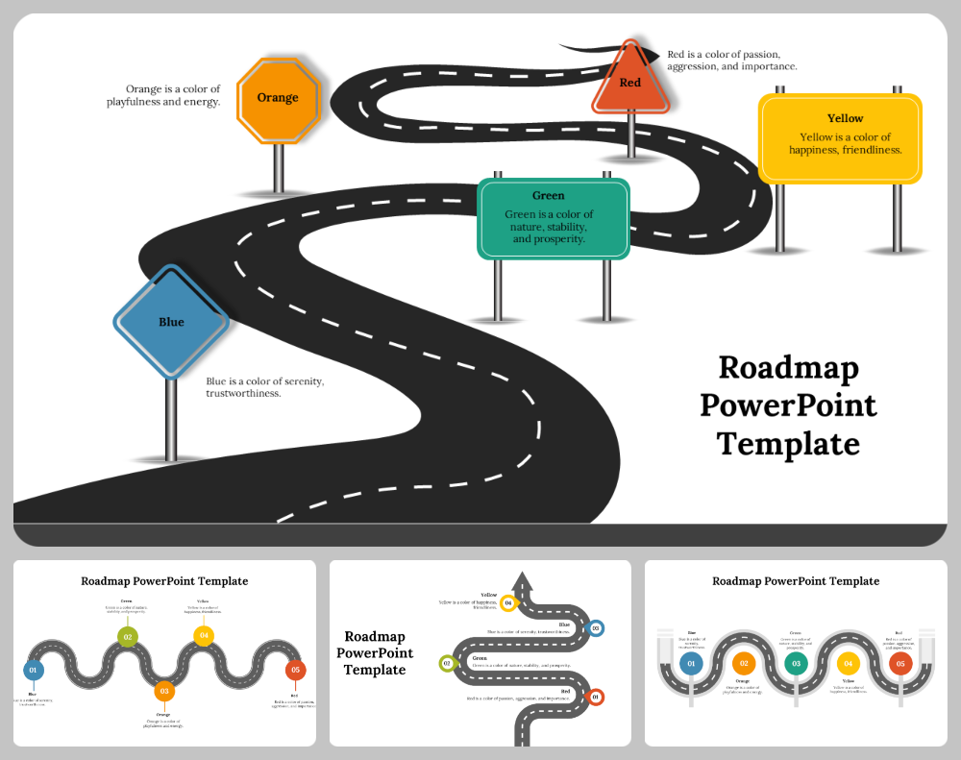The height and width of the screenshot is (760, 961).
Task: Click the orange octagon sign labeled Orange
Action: tap(278, 99)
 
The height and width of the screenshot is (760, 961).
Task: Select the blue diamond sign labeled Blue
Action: tap(171, 322)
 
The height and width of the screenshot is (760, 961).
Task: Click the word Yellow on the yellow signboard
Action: tap(845, 118)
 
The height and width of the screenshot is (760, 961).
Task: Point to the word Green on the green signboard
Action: tap(549, 195)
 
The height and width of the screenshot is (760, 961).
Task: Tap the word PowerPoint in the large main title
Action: tap(788, 405)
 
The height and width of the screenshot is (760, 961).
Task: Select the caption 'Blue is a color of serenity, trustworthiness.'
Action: tap(264, 387)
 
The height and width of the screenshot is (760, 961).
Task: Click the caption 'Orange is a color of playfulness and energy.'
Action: tap(163, 95)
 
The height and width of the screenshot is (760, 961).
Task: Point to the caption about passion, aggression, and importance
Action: tap(731, 61)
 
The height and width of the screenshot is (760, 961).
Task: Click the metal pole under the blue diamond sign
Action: tap(171, 418)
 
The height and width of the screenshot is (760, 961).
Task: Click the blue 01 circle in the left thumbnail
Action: tap(33, 670)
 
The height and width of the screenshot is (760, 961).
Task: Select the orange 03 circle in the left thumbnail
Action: tap(164, 691)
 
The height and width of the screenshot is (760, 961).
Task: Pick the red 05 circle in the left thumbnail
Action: tap(295, 670)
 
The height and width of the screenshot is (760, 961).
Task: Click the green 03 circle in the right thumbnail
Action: tap(795, 663)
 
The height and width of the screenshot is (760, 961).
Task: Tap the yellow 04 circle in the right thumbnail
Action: tap(848, 663)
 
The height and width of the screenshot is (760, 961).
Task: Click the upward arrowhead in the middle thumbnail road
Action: tap(522, 579)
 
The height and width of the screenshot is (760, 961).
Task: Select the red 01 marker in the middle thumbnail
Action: tap(595, 697)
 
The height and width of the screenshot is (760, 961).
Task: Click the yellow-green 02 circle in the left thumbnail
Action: tap(126, 636)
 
